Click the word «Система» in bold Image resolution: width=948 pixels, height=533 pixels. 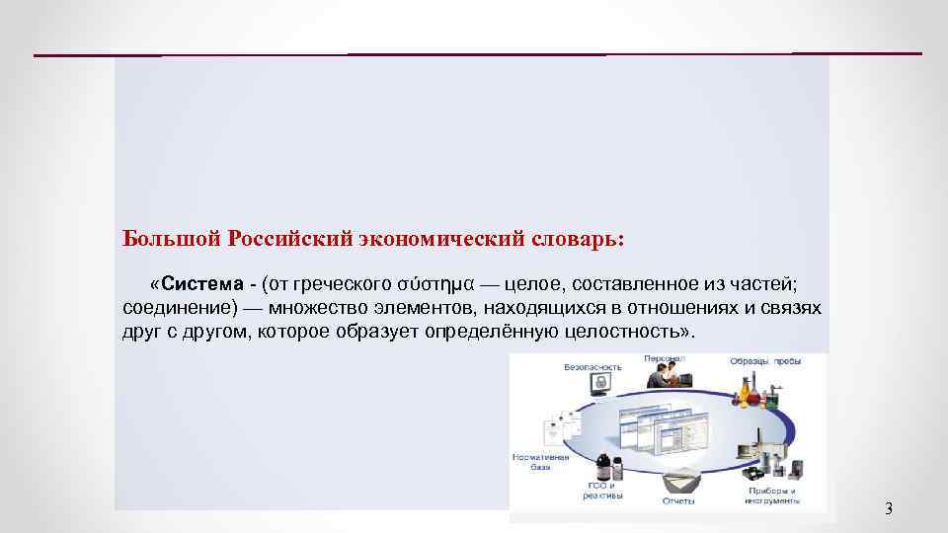[203, 284]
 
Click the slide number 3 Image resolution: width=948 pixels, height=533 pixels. [887, 509]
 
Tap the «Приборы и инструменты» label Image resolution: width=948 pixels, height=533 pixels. [773, 495]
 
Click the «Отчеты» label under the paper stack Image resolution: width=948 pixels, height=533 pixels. [678, 501]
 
